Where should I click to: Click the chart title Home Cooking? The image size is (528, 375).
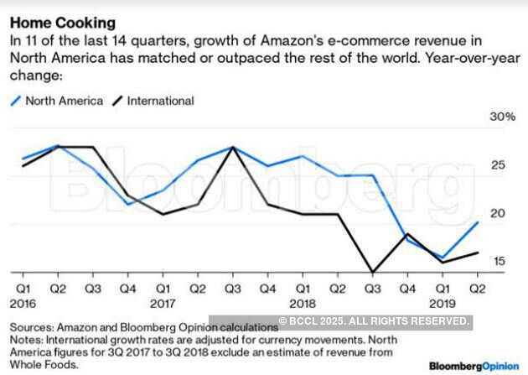(63, 23)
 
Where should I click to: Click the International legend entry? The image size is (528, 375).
(159, 101)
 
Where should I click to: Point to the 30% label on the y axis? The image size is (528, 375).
(502, 117)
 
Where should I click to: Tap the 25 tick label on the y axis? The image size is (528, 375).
(498, 165)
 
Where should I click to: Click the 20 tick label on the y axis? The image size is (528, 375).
(498, 213)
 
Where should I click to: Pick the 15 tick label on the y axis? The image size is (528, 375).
(498, 262)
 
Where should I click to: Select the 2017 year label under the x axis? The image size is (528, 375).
(162, 303)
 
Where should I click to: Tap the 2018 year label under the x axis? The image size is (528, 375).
(302, 303)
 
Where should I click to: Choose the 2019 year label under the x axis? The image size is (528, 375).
(442, 303)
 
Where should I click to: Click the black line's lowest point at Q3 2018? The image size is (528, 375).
(372, 272)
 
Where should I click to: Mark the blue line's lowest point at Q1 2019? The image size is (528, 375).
(443, 258)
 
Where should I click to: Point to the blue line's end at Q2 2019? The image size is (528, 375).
(478, 222)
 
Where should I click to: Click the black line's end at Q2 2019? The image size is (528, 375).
(478, 253)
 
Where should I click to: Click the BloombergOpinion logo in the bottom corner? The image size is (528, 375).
(474, 367)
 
